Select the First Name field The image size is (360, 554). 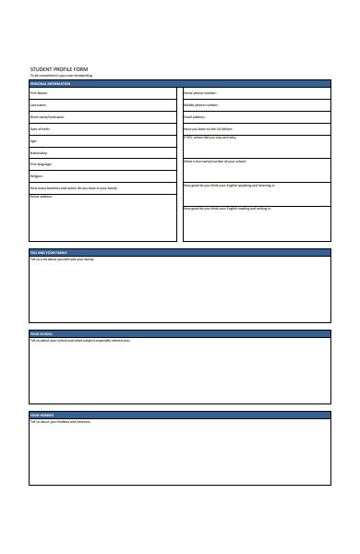point(102,93)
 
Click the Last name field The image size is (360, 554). point(102,105)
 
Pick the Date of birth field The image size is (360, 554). point(102,129)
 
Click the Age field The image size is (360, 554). point(102,141)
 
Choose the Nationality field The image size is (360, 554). point(102,152)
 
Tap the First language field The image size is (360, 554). point(102,164)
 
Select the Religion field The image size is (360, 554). point(102,175)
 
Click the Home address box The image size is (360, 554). point(102,217)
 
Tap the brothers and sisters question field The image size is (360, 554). point(102,187)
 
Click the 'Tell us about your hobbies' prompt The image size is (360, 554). point(61,422)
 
